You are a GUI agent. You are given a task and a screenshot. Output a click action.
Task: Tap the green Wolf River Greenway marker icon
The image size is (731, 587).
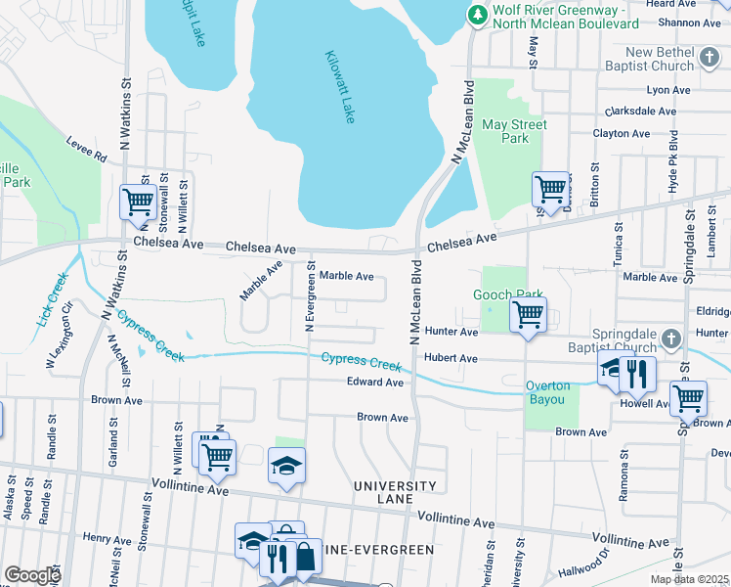477,14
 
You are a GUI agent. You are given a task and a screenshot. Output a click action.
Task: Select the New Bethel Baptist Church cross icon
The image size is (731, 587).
710,61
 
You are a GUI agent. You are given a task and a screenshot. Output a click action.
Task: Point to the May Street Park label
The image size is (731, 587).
506,131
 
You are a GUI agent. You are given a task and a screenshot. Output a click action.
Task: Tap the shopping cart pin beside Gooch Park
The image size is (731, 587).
529,316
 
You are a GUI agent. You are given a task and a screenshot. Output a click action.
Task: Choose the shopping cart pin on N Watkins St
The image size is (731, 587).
138,203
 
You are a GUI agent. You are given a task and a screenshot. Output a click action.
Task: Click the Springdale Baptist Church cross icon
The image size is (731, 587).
670,339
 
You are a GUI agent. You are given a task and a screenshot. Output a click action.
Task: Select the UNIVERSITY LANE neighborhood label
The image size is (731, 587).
394,492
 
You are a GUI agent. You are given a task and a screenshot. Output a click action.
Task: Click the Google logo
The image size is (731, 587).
31,575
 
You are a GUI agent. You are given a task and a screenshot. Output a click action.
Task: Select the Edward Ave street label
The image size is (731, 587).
375,383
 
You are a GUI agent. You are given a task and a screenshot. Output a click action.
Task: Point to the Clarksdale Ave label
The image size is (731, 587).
640,112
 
